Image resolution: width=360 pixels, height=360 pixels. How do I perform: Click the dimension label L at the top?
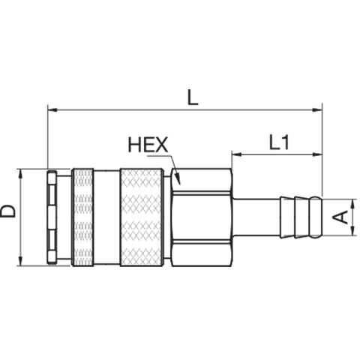pyautogui.click(x=193, y=97)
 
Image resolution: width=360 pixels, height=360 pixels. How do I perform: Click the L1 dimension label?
pyautogui.click(x=279, y=142)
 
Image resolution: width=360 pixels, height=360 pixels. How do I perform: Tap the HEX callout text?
pyautogui.click(x=148, y=145)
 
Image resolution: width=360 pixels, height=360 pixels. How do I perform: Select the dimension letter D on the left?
pyautogui.click(x=7, y=211)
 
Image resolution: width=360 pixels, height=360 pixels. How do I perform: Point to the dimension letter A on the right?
pyautogui.click(x=340, y=217)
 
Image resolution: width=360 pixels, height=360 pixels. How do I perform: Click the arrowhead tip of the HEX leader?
pyautogui.click(x=179, y=184)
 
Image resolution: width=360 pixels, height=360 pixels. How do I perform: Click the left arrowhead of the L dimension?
pyautogui.click(x=48, y=109)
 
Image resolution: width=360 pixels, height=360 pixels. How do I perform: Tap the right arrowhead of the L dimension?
pyautogui.click(x=322, y=109)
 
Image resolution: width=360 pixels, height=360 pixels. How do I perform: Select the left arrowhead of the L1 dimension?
pyautogui.click(x=232, y=154)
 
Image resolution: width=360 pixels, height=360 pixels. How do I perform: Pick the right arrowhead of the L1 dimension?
pyautogui.click(x=322, y=154)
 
